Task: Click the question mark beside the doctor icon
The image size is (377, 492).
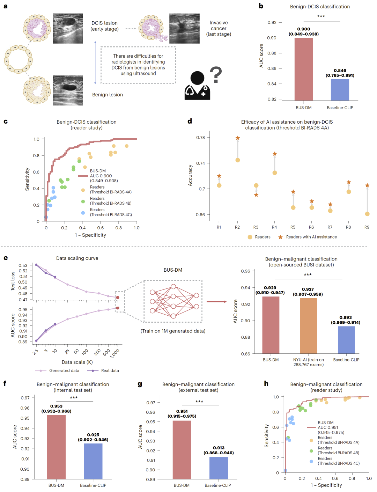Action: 216,75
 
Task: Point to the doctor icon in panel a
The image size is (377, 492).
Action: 198,87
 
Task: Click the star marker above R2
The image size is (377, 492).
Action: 238,138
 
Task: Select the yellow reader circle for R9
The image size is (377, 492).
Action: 367,214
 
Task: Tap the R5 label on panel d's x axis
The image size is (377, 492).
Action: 293,227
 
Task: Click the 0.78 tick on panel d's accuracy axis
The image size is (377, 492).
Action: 200,138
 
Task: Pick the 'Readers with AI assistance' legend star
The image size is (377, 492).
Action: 280,237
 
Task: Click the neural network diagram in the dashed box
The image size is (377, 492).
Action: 173,301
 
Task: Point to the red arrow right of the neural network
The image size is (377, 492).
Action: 217,302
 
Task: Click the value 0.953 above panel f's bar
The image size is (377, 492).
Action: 56,406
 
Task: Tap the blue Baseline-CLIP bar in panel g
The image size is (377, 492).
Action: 219,468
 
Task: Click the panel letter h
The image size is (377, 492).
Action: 266,383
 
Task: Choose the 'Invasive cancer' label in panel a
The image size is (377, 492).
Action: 219,28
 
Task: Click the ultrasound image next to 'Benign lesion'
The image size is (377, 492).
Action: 68,90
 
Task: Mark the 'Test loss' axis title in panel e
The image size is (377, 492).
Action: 13,281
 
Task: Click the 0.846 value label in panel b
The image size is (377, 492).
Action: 340,71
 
